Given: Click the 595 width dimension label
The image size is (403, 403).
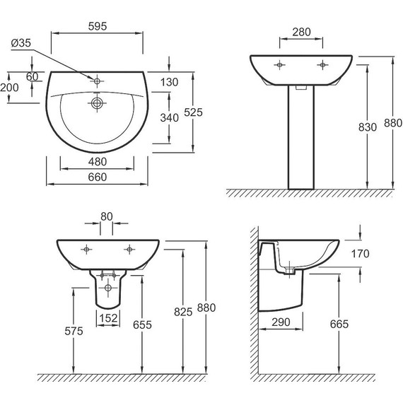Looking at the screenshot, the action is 98,26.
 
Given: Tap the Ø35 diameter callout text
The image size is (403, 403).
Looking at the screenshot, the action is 21,43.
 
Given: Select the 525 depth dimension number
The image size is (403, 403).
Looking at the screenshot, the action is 193,112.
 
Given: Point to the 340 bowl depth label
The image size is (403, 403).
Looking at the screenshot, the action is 170,117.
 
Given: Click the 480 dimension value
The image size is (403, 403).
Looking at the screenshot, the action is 98,162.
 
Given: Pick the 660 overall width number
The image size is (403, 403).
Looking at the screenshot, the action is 98,177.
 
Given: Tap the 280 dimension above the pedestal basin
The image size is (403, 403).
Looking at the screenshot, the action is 301,32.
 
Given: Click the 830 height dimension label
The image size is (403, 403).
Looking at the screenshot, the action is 368,127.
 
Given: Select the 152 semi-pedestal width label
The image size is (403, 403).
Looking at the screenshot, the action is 108,318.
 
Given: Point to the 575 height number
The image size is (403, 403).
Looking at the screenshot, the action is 74,331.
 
